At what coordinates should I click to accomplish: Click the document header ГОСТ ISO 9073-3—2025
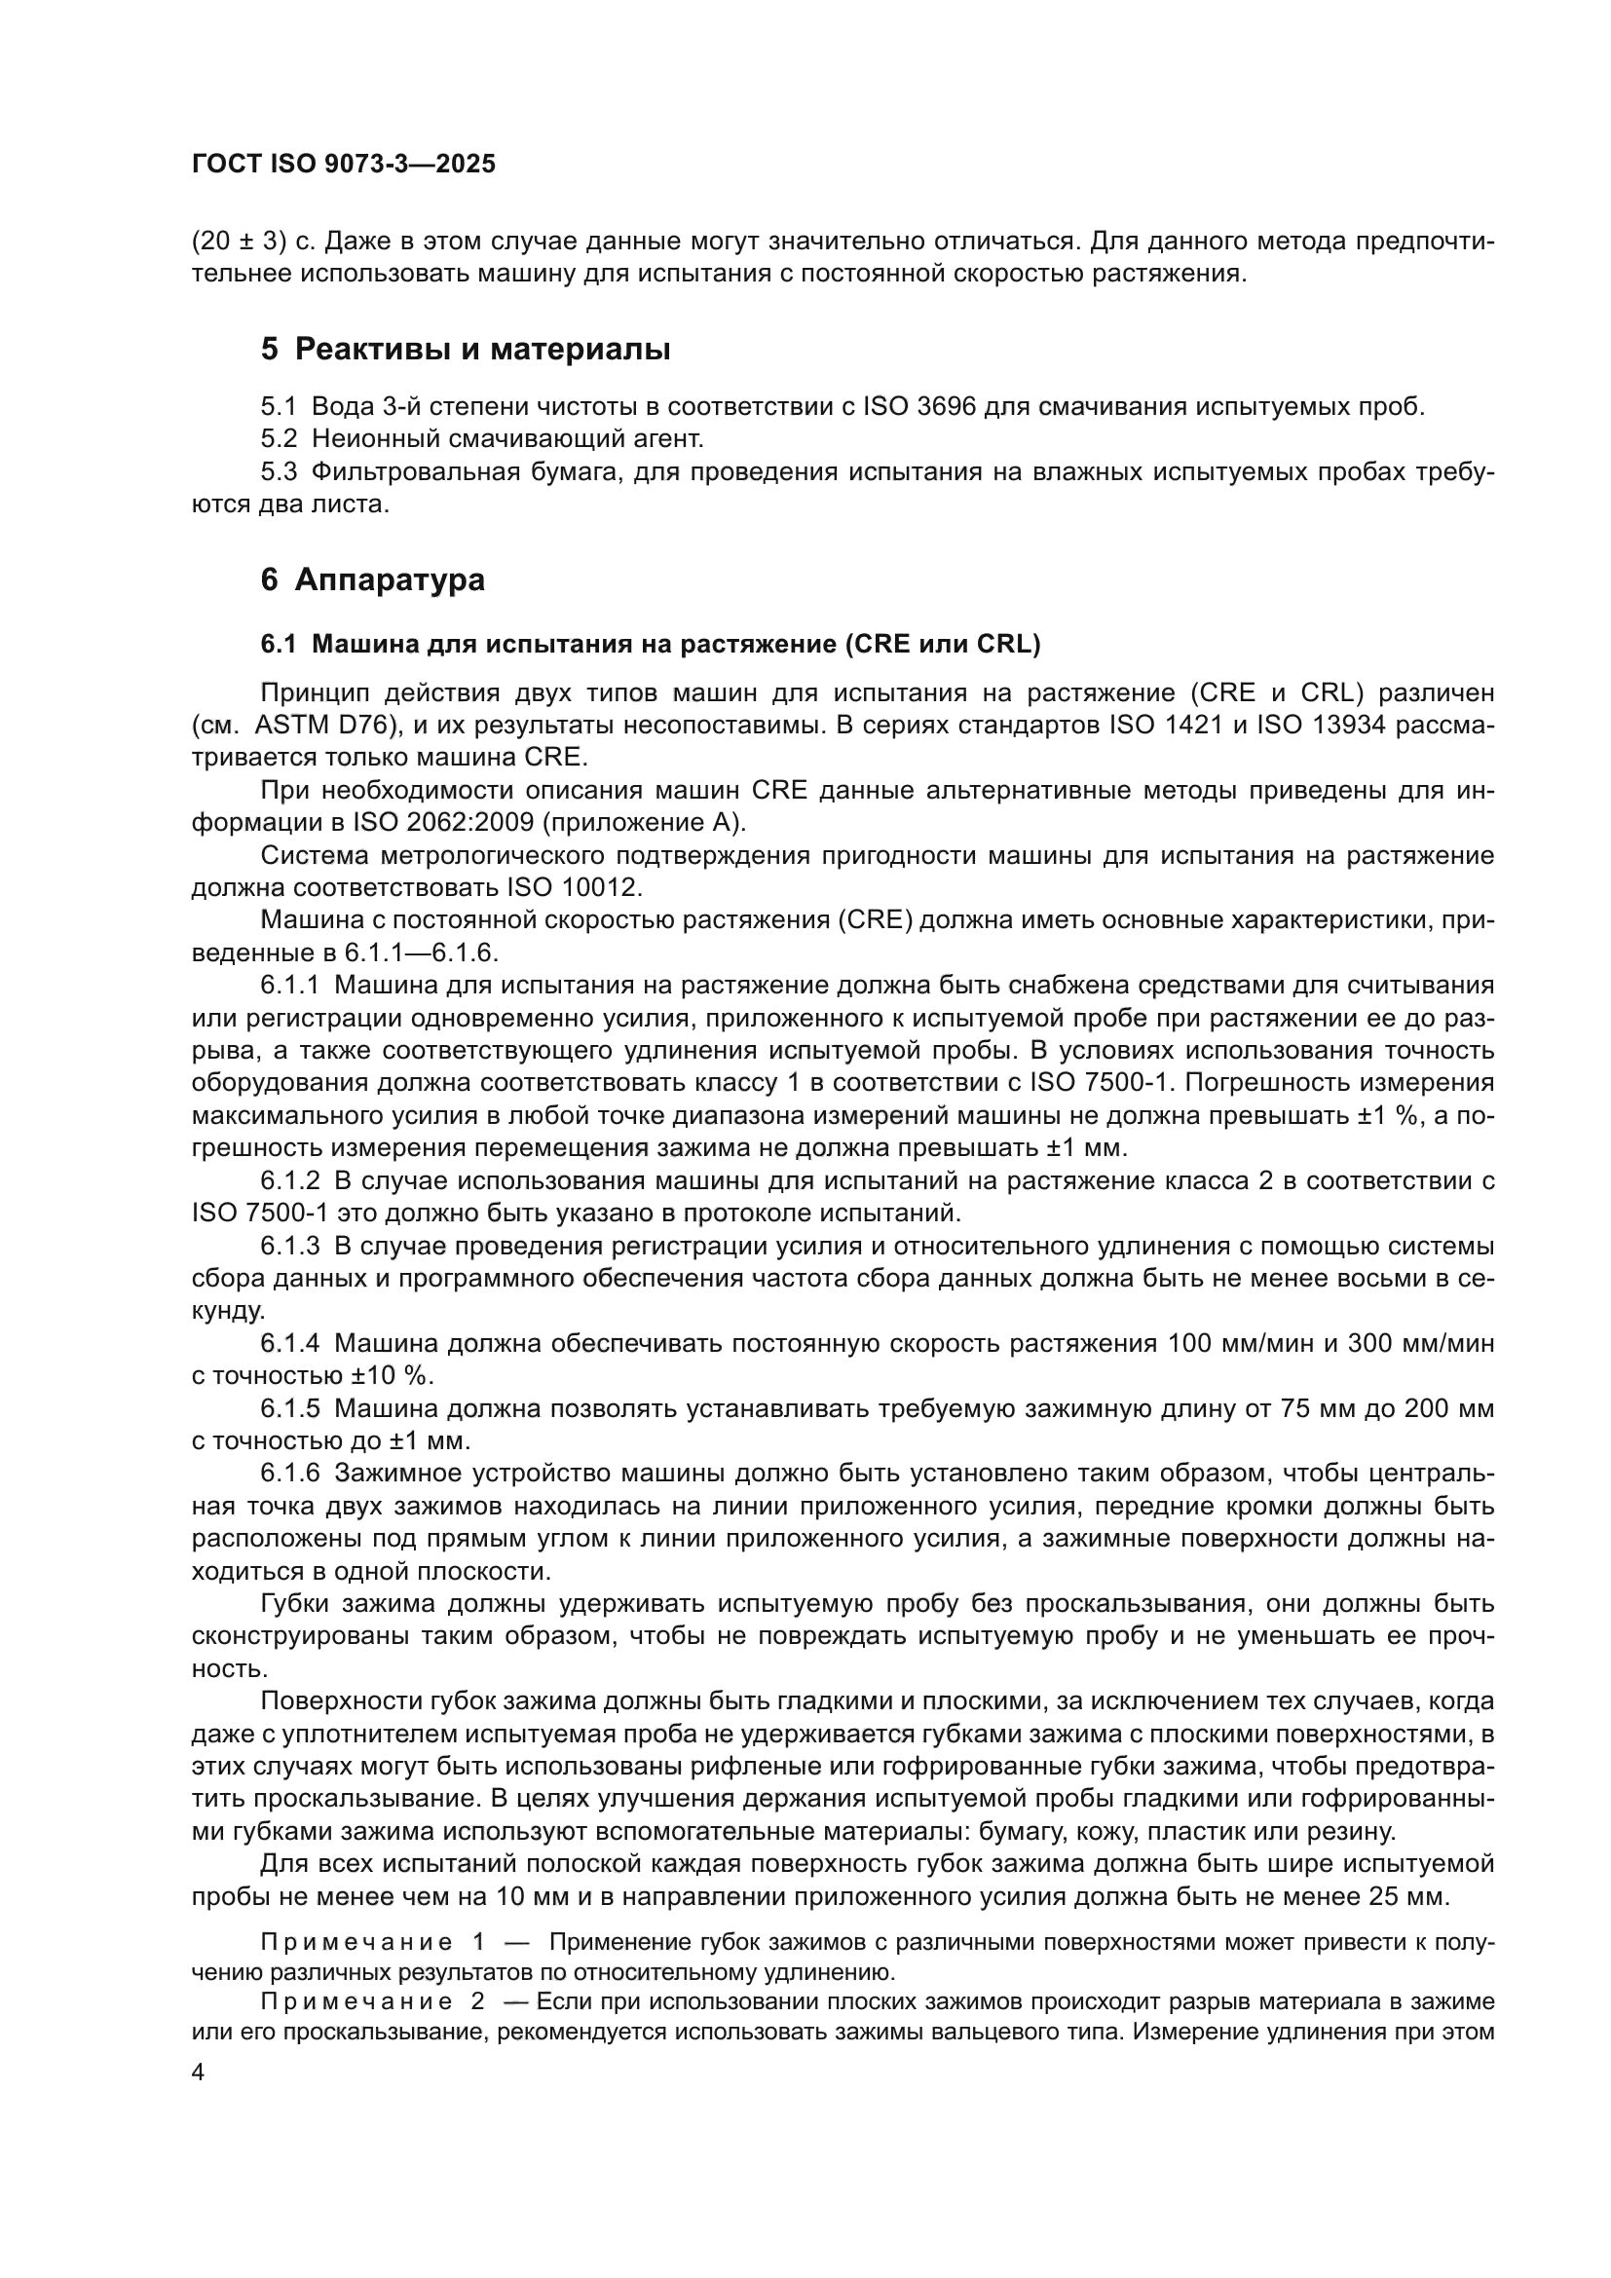[x=343, y=165]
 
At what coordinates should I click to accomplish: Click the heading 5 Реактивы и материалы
[x=466, y=350]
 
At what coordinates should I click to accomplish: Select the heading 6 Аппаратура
[x=373, y=579]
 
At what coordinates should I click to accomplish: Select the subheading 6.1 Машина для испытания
[x=650, y=645]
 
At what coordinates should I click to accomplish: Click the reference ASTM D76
[x=326, y=726]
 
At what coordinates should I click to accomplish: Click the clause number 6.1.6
[x=289, y=1475]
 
